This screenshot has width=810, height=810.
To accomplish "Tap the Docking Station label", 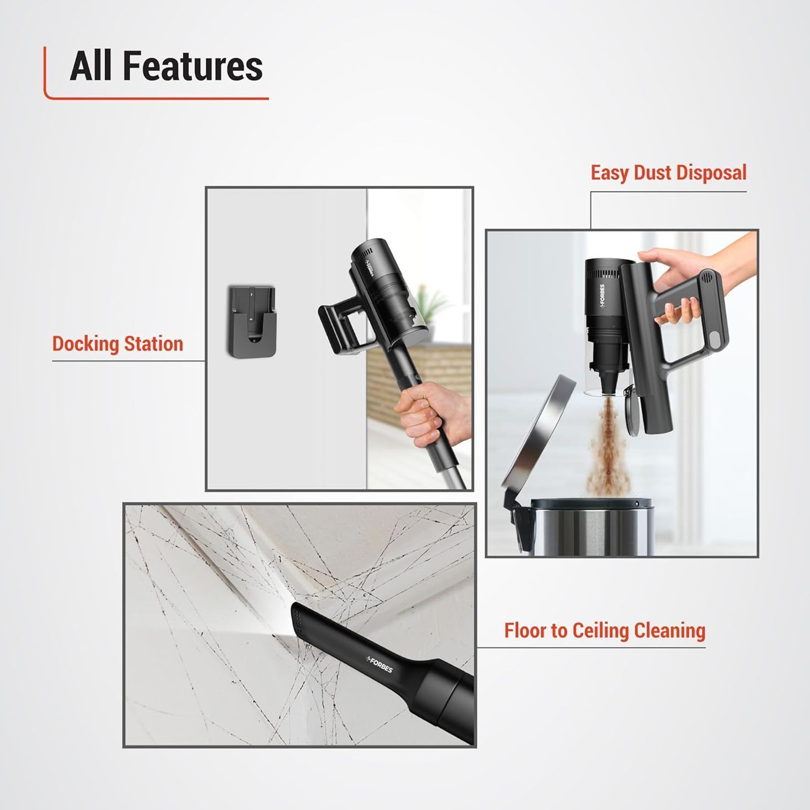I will coord(117,344).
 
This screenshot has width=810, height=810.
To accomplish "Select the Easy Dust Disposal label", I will coord(668,173).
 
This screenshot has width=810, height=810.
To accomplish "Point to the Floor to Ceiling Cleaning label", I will coord(604,631).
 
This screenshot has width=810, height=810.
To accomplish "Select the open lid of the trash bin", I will coord(537,435).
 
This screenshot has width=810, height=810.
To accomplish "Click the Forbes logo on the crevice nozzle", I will coord(380,664).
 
